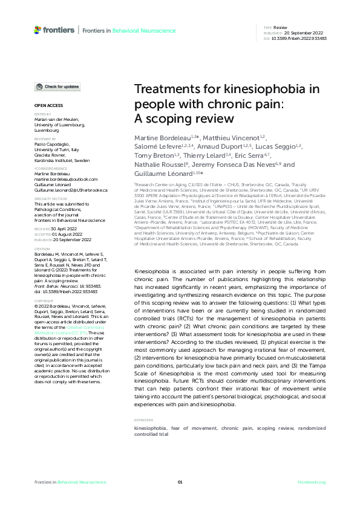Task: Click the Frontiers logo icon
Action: (38, 29)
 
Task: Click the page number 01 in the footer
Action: (180, 482)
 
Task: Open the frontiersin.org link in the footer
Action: (312, 482)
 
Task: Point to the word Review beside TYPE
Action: (280, 28)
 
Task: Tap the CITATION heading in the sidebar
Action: (42, 248)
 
